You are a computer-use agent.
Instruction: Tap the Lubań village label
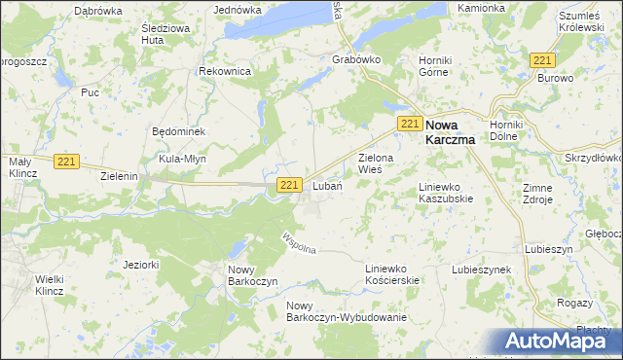(x=326, y=186)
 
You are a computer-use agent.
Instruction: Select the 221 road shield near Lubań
(x=289, y=185)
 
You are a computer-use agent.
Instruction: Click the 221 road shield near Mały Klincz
(x=66, y=162)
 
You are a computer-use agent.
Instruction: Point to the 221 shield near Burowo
(x=542, y=59)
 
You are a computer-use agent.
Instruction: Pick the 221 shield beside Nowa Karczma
(x=410, y=123)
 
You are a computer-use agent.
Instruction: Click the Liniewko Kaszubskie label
(x=446, y=192)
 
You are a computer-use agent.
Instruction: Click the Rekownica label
(x=225, y=72)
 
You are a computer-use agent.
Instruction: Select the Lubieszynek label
(x=482, y=269)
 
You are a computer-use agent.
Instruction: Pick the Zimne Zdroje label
(x=565, y=193)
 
